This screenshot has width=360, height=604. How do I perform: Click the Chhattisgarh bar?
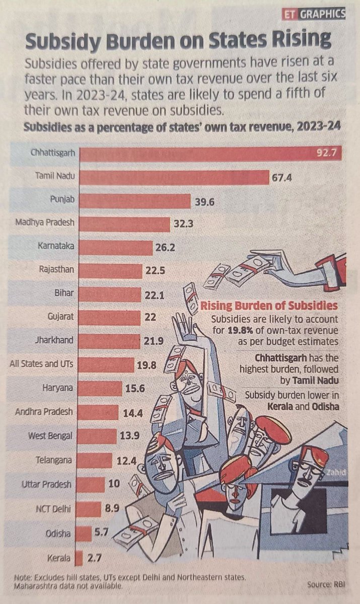[211, 153]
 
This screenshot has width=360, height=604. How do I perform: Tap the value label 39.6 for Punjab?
[204, 202]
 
